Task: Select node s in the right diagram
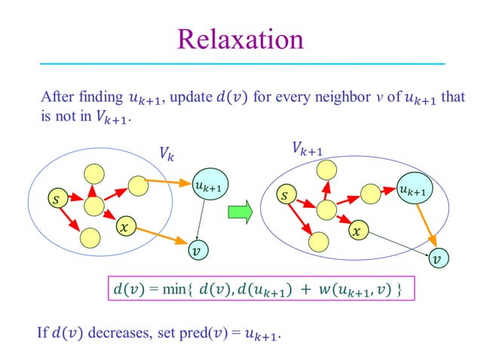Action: [283, 196]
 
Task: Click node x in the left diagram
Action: [124, 225]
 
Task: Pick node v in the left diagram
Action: [197, 249]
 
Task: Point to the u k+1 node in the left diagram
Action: [207, 185]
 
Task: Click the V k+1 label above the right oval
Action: [307, 149]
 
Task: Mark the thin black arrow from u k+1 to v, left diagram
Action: [202, 218]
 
